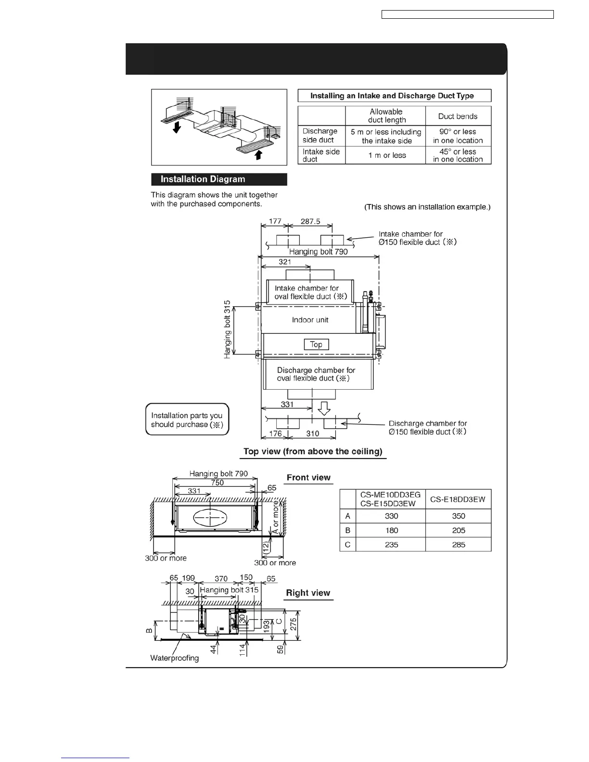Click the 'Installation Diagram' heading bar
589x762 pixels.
click(219, 179)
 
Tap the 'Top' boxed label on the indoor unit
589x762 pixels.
click(316, 344)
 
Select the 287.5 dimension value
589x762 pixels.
click(310, 221)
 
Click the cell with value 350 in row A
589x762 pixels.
click(458, 516)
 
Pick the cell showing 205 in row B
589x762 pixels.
click(458, 530)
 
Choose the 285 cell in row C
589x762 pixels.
click(458, 545)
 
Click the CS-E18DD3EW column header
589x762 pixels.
click(458, 499)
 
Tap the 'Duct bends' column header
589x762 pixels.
click(458, 116)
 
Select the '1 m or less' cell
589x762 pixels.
click(385, 155)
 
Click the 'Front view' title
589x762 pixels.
click(308, 478)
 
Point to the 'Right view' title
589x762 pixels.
click(308, 593)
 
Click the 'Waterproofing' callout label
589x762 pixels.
click(175, 658)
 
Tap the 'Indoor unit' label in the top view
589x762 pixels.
click(310, 320)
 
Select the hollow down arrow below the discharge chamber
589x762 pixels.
click(325, 408)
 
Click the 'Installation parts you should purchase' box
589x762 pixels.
click(187, 419)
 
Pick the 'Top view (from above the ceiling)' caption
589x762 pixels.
click(313, 451)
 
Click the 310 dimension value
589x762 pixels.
click(313, 433)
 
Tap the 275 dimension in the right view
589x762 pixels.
click(294, 625)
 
